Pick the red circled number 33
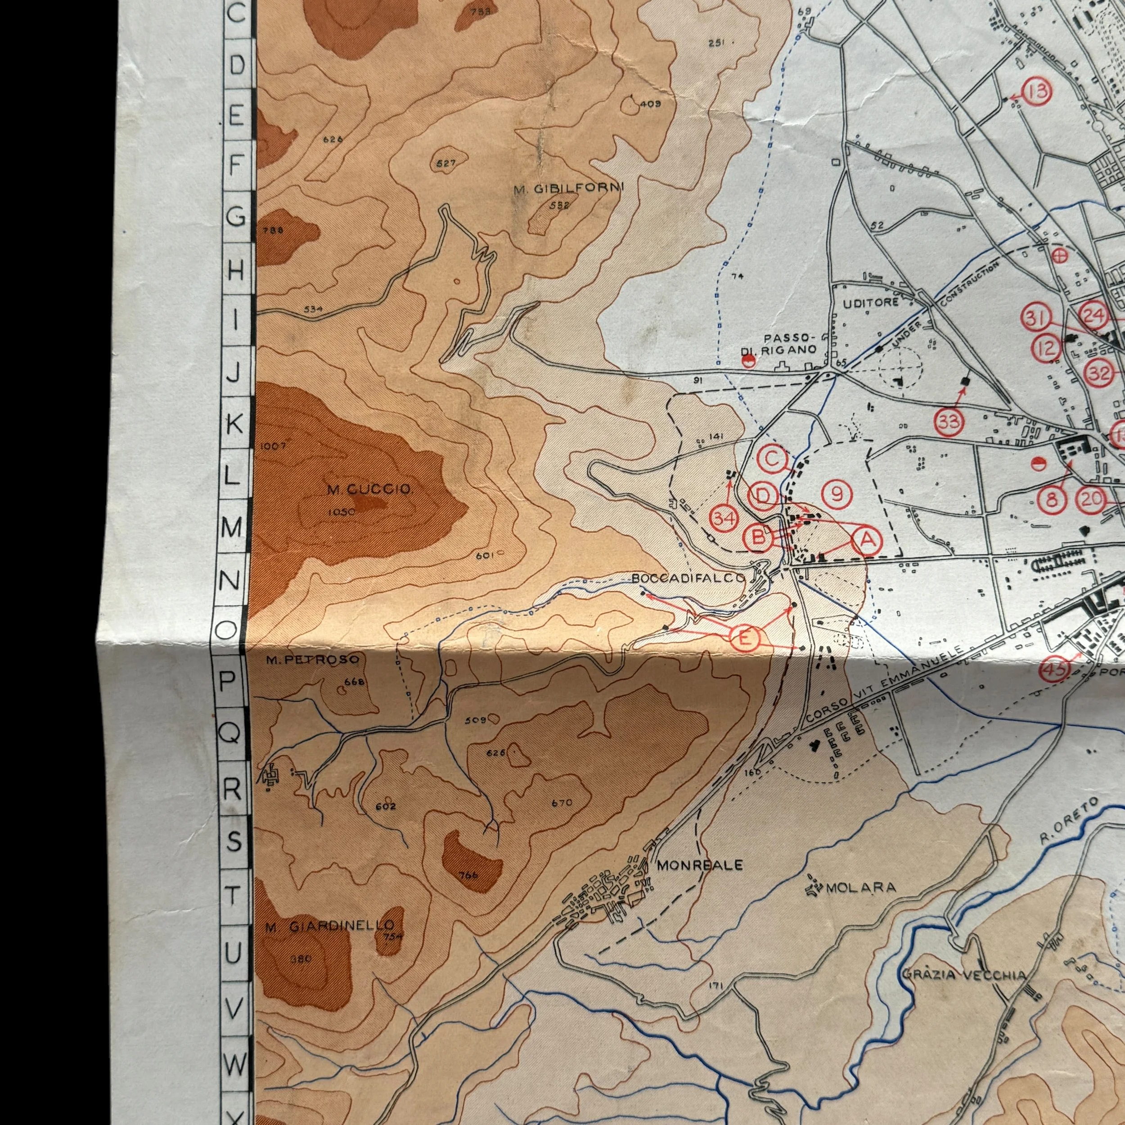click(x=949, y=422)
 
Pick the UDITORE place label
click(x=871, y=303)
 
